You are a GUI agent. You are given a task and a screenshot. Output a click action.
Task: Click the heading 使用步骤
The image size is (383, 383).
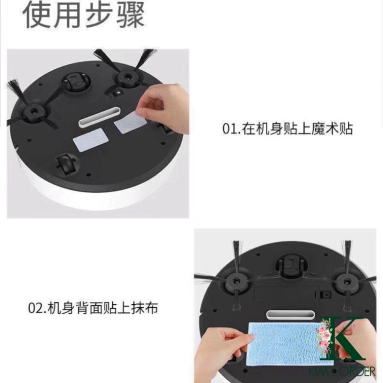pos(83,15)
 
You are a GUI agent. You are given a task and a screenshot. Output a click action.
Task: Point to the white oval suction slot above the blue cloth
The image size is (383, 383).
pos(290,315)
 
